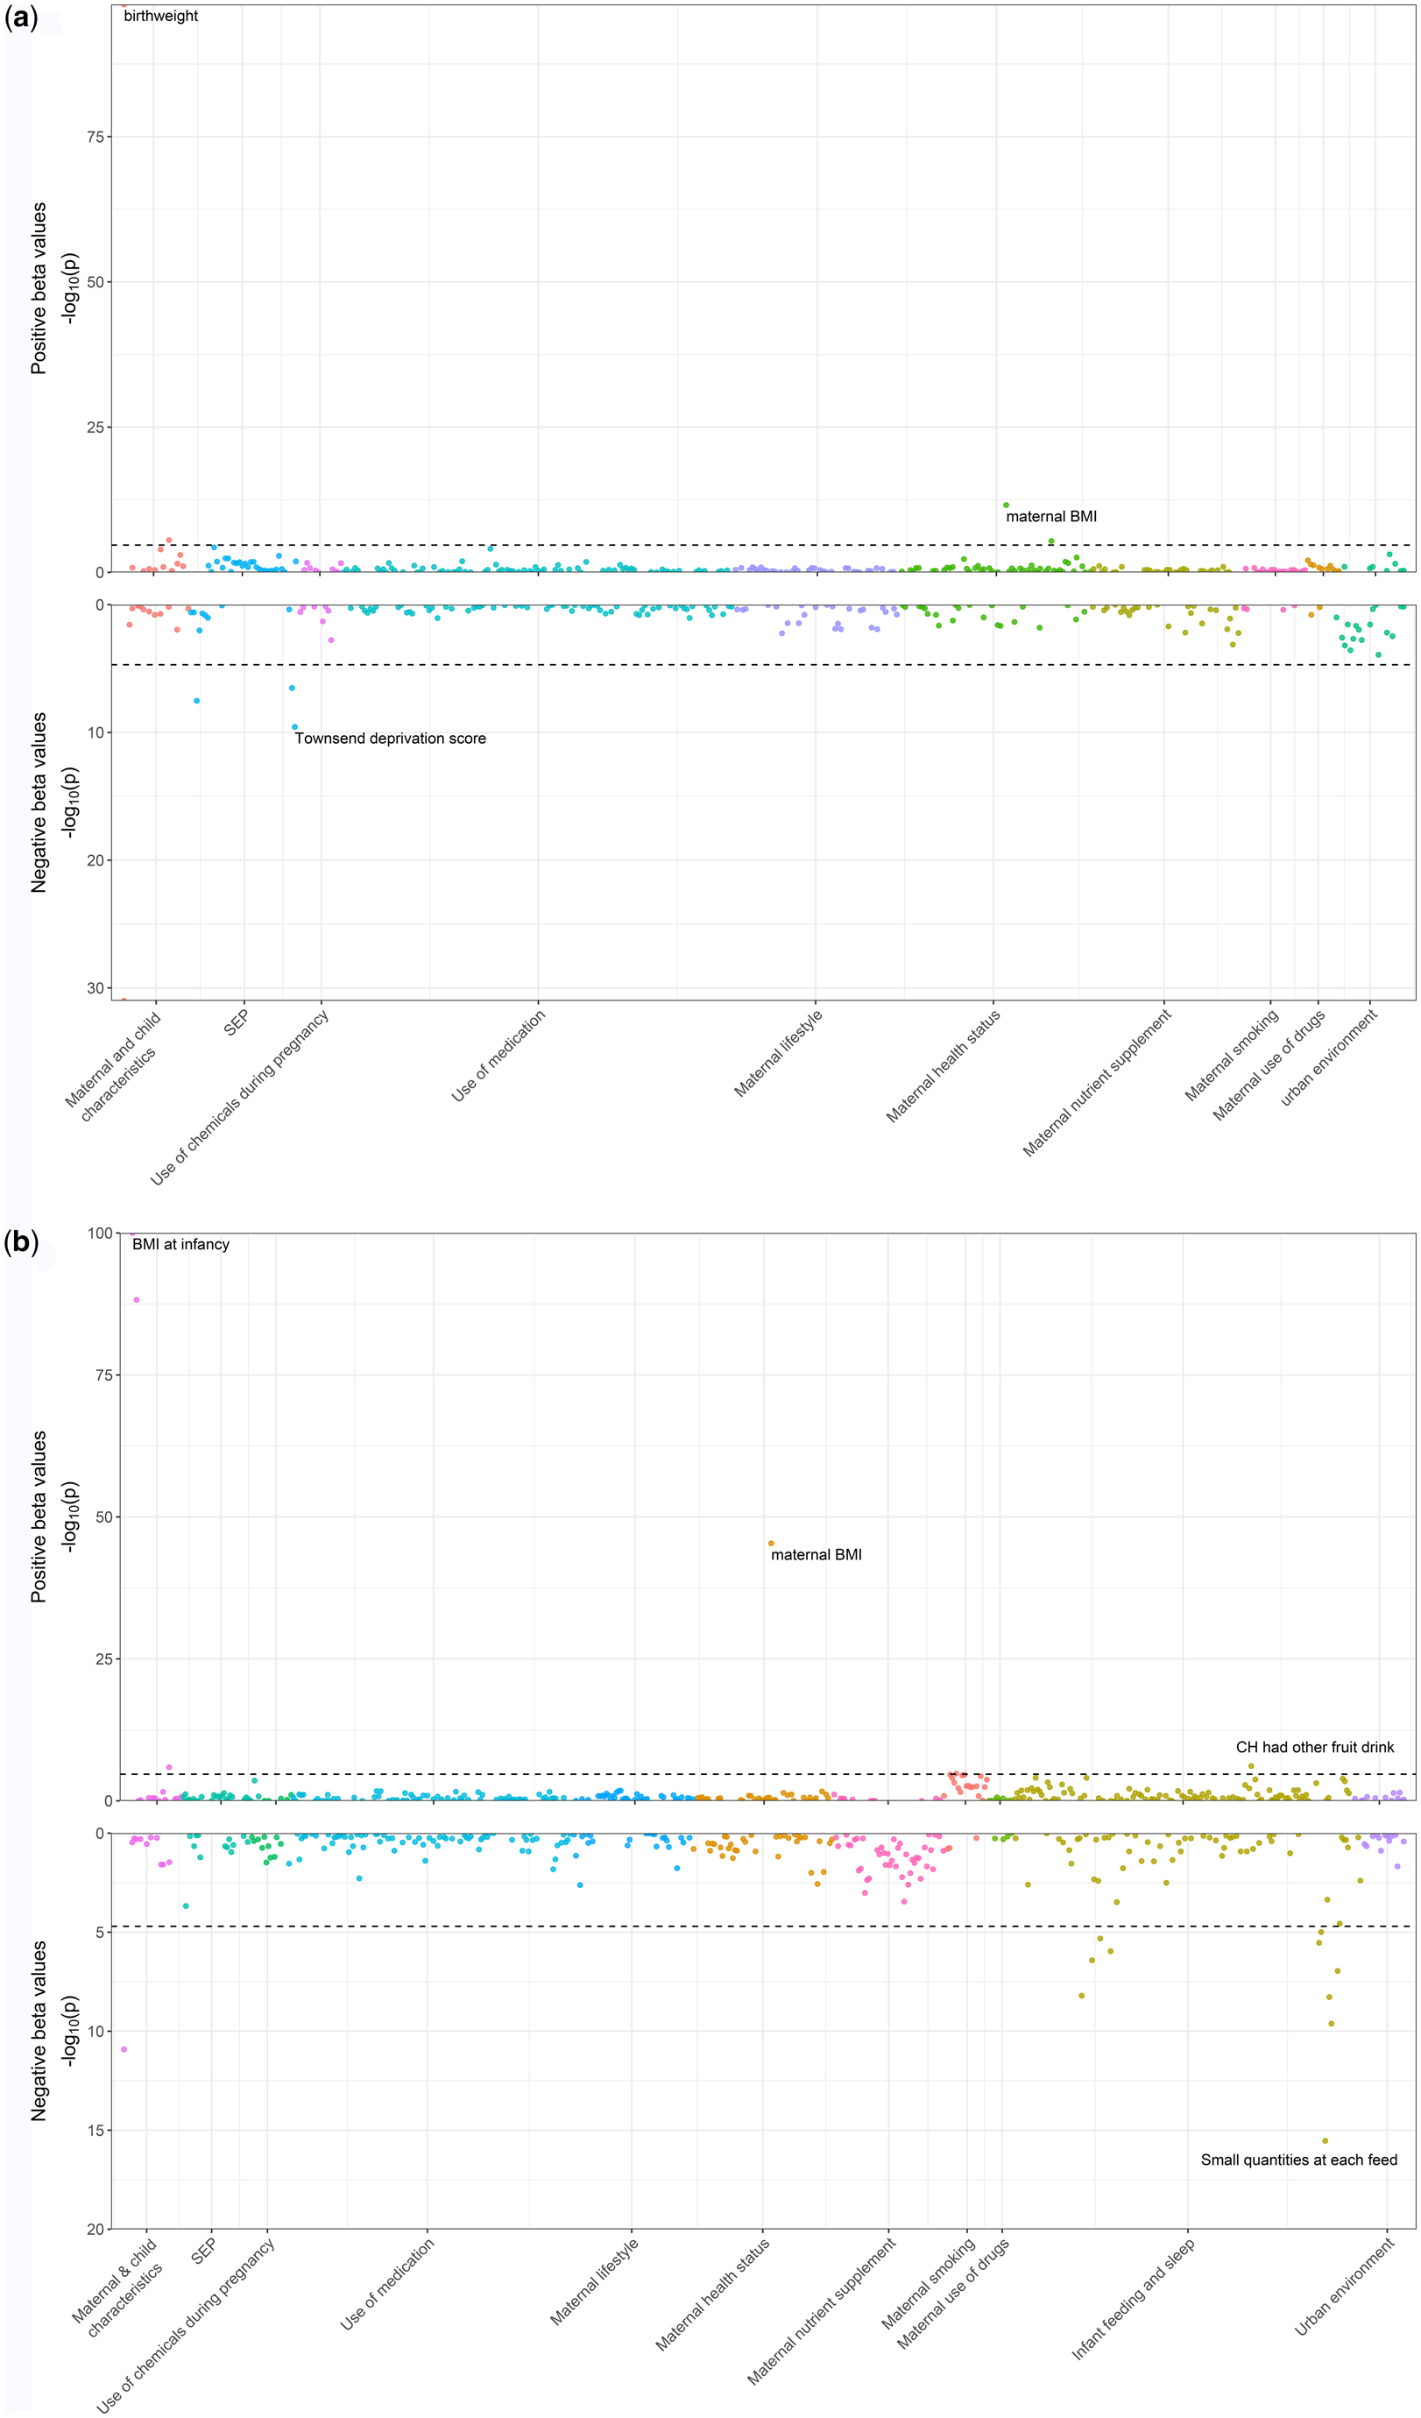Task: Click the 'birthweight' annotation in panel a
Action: pos(160,17)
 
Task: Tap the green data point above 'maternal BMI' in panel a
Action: pos(1006,505)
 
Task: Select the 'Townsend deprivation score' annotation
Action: pos(390,738)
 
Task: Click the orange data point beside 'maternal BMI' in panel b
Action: pos(770,1543)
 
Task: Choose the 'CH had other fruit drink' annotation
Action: pos(1314,1746)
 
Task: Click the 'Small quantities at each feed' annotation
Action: pos(1298,2159)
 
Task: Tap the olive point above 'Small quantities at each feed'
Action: pos(1325,2139)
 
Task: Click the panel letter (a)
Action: pos(20,18)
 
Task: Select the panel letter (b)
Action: pos(20,1242)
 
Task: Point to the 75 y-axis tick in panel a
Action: pos(95,138)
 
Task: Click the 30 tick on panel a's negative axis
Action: pos(95,988)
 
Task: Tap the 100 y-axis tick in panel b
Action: pos(99,1233)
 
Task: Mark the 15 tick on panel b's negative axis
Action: pos(95,2129)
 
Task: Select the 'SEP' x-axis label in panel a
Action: pos(236,1023)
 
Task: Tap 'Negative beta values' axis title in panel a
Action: pos(39,802)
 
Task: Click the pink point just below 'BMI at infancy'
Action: pos(137,1299)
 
